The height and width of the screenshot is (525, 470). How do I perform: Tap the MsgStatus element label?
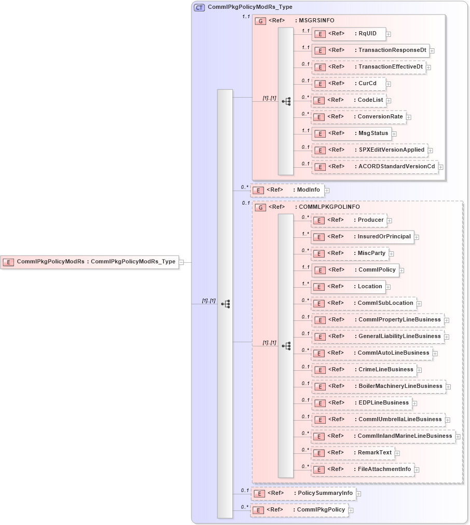pos(373,133)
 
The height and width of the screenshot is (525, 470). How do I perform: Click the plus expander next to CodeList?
pos(389,100)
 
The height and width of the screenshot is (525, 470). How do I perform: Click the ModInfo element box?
pos(287,190)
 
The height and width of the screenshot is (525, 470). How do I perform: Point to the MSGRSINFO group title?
pos(316,21)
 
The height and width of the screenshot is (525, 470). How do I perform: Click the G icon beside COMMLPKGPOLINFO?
pos(260,207)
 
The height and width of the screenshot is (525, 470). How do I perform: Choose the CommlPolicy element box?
pos(355,270)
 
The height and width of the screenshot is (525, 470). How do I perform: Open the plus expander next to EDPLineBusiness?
pos(414,403)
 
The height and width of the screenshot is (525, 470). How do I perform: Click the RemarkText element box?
pos(353,453)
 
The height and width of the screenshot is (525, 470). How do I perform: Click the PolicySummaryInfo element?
pos(303,493)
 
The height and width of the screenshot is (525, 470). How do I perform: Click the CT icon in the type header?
pos(199,7)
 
